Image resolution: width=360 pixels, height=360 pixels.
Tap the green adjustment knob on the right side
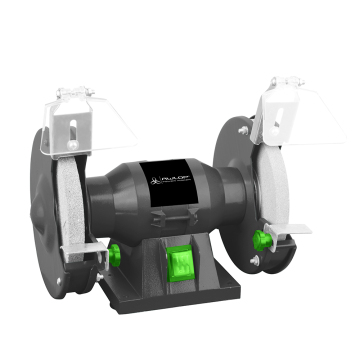(x=263, y=239)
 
